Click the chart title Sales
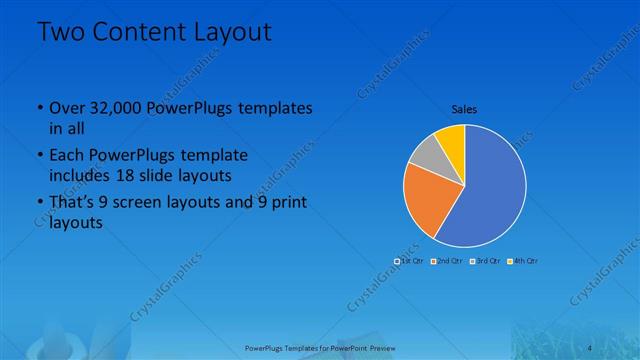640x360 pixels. [x=464, y=107]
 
